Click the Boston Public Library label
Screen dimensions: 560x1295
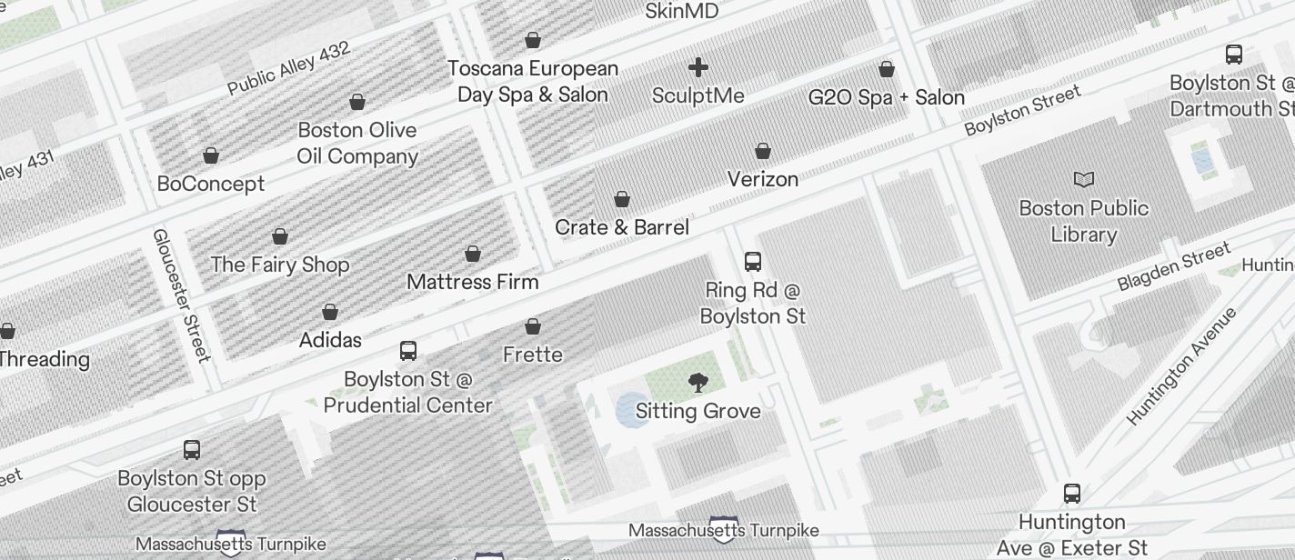click(x=1083, y=221)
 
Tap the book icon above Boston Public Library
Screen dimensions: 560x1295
click(x=1084, y=179)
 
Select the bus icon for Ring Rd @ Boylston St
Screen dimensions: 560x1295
click(x=753, y=262)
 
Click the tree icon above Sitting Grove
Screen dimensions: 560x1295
click(x=698, y=383)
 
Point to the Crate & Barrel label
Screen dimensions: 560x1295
click(x=622, y=227)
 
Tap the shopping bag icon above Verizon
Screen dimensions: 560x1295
click(x=763, y=151)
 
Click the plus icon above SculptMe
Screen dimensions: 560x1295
click(x=698, y=68)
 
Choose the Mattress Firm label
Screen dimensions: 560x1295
click(x=473, y=282)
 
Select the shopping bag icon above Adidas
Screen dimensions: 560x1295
click(x=330, y=313)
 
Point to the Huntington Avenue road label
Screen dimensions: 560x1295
click(x=1181, y=366)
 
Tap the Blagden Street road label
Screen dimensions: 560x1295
click(x=1174, y=266)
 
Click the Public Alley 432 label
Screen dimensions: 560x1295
click(x=288, y=68)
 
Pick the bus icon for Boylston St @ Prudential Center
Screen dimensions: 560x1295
click(x=408, y=351)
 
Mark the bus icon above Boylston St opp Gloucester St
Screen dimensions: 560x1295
click(x=192, y=450)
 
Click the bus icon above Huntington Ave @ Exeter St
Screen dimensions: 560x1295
click(x=1072, y=494)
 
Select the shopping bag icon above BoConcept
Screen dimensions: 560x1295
click(x=211, y=155)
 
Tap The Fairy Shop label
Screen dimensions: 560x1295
click(x=280, y=265)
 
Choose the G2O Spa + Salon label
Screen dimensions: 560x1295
click(x=887, y=97)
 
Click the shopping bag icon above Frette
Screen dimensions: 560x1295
click(x=533, y=326)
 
